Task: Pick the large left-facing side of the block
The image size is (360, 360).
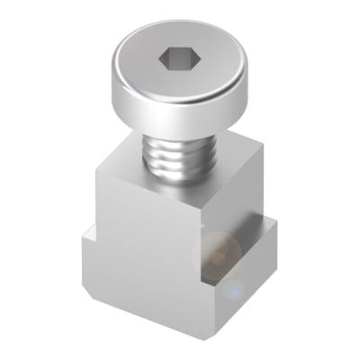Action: [x=144, y=252]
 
